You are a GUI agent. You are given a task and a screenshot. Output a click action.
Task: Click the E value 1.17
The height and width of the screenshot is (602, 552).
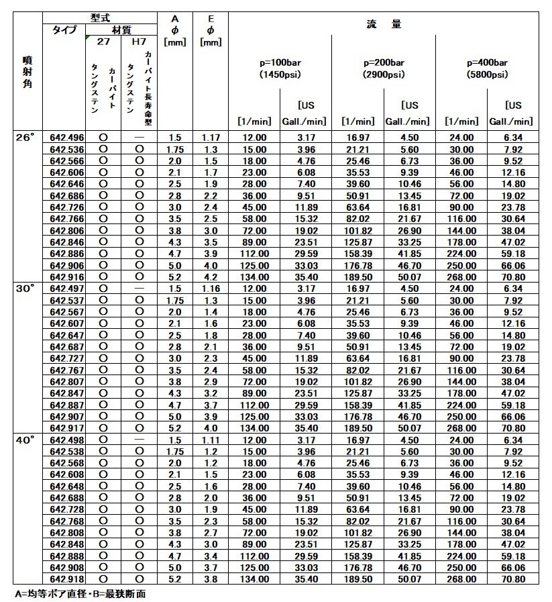(211, 138)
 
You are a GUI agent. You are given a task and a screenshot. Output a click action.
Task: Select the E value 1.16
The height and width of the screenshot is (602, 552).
(211, 288)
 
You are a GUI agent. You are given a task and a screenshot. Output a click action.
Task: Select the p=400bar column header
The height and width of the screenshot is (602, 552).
(487, 62)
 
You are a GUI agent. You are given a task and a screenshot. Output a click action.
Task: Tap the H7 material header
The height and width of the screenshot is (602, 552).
(139, 42)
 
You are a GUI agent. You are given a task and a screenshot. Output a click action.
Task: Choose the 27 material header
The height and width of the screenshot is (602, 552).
(103, 42)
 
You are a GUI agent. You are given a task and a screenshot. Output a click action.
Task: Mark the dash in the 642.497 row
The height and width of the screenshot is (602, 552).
(139, 288)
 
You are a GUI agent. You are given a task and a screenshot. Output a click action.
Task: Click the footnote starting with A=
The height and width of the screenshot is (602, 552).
(80, 594)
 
